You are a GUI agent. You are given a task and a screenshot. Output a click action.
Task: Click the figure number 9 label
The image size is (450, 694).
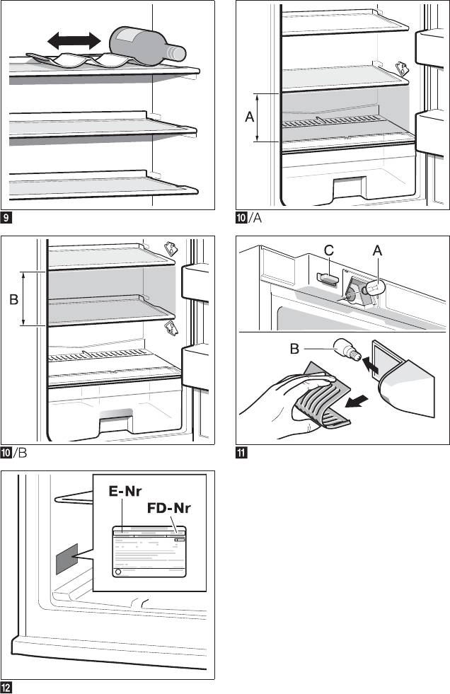[6, 216]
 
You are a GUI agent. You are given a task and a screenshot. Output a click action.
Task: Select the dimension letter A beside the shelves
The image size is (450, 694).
[249, 119]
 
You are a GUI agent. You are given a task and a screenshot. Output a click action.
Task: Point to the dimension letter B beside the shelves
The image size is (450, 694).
[13, 300]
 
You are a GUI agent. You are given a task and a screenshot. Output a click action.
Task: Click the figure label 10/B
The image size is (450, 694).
[15, 451]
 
